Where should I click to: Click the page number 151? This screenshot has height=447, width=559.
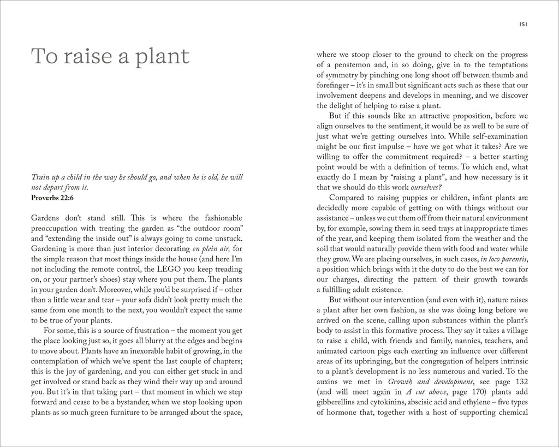[522, 24]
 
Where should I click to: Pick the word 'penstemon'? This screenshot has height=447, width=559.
[351, 64]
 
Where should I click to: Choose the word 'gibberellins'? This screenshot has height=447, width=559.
[338, 402]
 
